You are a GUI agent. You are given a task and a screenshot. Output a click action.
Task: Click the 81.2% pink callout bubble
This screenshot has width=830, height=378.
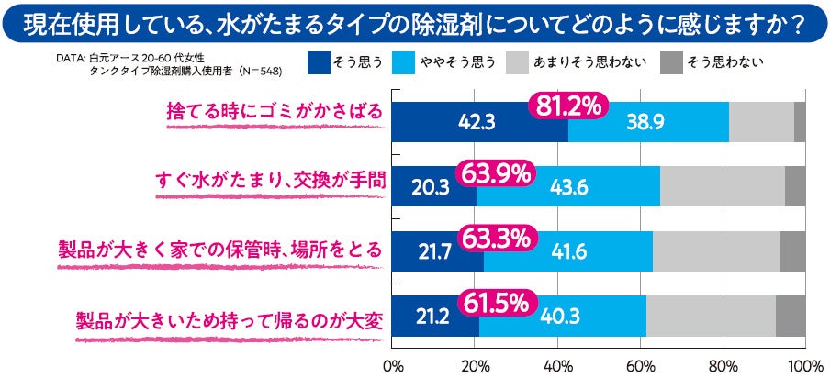coord(566,106)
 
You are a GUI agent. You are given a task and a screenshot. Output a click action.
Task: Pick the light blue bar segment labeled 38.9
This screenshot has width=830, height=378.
coord(648,121)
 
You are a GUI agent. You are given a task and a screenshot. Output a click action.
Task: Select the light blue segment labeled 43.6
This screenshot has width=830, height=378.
coord(568,186)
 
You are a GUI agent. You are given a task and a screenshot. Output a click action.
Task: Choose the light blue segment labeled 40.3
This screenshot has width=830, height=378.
coord(562,317)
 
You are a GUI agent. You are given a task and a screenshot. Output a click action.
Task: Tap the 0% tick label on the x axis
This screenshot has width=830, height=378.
coord(393,366)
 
